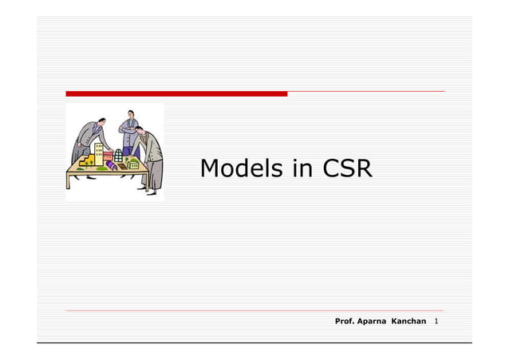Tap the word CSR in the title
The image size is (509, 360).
click(x=347, y=169)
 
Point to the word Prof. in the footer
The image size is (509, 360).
click(x=345, y=321)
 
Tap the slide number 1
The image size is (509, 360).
click(x=437, y=321)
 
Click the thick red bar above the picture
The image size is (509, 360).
click(x=176, y=93)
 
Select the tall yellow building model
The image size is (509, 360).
click(x=99, y=152)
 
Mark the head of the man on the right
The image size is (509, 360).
click(x=140, y=129)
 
